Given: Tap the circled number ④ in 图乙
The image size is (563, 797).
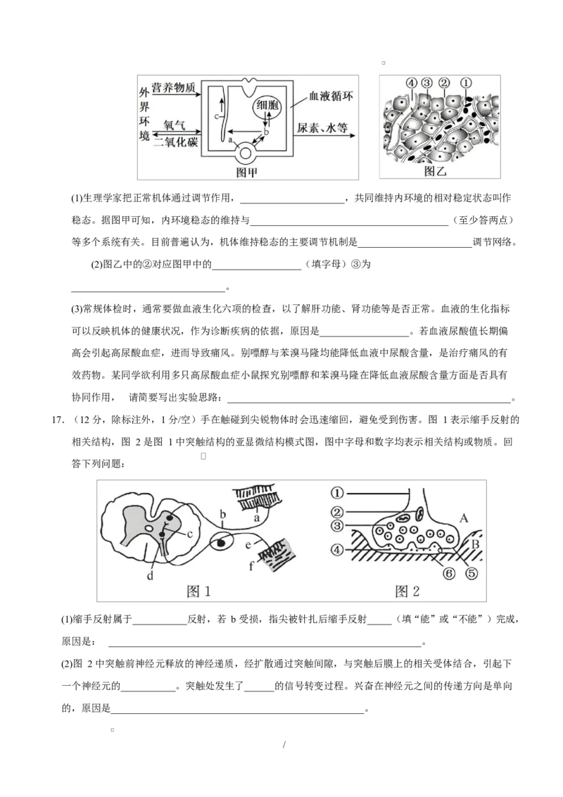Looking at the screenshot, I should tap(412, 83).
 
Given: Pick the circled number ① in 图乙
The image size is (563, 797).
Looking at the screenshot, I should tap(466, 83).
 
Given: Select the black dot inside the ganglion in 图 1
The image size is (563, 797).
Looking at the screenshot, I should tap(222, 543).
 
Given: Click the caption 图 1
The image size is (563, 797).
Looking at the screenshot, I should tap(198, 591).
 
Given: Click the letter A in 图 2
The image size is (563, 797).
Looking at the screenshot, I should tap(463, 518).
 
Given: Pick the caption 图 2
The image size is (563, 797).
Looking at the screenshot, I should tap(407, 591).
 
